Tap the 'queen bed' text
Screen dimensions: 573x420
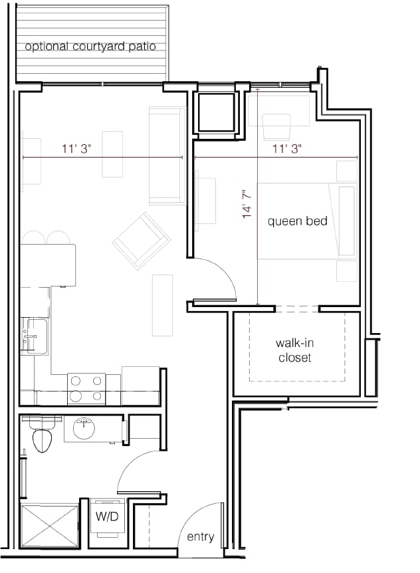(297, 221)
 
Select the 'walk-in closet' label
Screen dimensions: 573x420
(293, 350)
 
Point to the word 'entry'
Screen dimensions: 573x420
(200, 537)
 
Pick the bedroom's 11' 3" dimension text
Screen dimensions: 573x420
(287, 150)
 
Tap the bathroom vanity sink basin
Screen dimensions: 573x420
(85, 425)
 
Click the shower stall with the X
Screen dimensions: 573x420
(50, 526)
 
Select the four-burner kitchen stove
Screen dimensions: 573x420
(86, 389)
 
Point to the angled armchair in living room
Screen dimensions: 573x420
(142, 241)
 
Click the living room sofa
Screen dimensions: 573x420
(167, 156)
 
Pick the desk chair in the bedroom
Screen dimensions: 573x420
(278, 126)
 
